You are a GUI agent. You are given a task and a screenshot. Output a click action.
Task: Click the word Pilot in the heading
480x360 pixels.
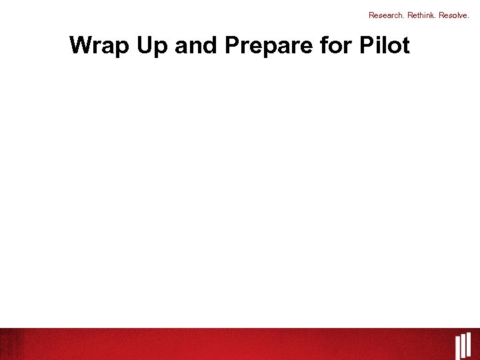click(385, 45)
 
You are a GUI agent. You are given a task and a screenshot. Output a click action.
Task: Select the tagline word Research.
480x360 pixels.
click(385, 15)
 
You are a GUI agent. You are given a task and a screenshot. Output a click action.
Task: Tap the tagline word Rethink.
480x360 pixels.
click(420, 15)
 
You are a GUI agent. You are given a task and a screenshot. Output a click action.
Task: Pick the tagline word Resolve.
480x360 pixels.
click(454, 15)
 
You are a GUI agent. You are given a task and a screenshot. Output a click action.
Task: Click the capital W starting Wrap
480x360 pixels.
click(81, 45)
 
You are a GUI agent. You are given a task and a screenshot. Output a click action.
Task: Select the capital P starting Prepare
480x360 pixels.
click(233, 45)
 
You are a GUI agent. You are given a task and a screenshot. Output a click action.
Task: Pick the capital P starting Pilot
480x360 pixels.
click(367, 45)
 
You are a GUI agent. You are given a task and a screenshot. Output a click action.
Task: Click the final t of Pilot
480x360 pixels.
click(405, 45)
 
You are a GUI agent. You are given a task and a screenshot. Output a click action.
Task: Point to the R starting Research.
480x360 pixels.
click(371, 15)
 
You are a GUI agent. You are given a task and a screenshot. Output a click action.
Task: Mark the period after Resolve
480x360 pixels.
click(469, 17)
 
